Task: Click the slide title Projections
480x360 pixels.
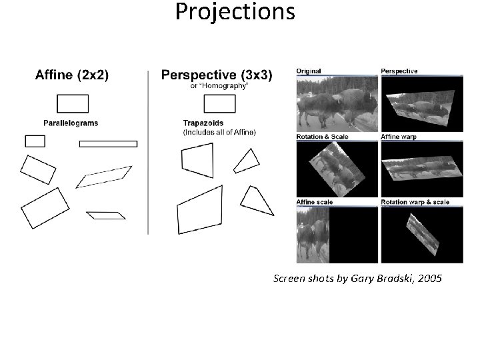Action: tap(235, 11)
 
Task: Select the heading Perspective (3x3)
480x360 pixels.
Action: tap(217, 76)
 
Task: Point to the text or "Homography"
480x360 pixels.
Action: tap(219, 86)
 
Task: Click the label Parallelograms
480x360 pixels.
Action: tap(70, 123)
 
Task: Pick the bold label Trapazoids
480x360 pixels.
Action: tap(203, 123)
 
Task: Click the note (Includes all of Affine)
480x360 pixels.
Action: tap(219, 131)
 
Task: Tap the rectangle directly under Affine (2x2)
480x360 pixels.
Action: tap(73, 103)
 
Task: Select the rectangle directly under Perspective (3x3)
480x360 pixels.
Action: tap(219, 103)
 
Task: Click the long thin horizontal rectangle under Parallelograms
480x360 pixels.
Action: tap(108, 144)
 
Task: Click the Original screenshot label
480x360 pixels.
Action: tap(309, 71)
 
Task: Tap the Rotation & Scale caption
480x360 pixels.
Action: tap(322, 137)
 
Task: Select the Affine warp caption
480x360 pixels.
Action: tap(399, 137)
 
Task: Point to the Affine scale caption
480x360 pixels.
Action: tap(315, 202)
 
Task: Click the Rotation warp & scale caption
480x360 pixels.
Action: tap(415, 202)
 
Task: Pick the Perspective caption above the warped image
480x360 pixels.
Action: tap(399, 71)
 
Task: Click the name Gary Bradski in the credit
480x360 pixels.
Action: tap(385, 278)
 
